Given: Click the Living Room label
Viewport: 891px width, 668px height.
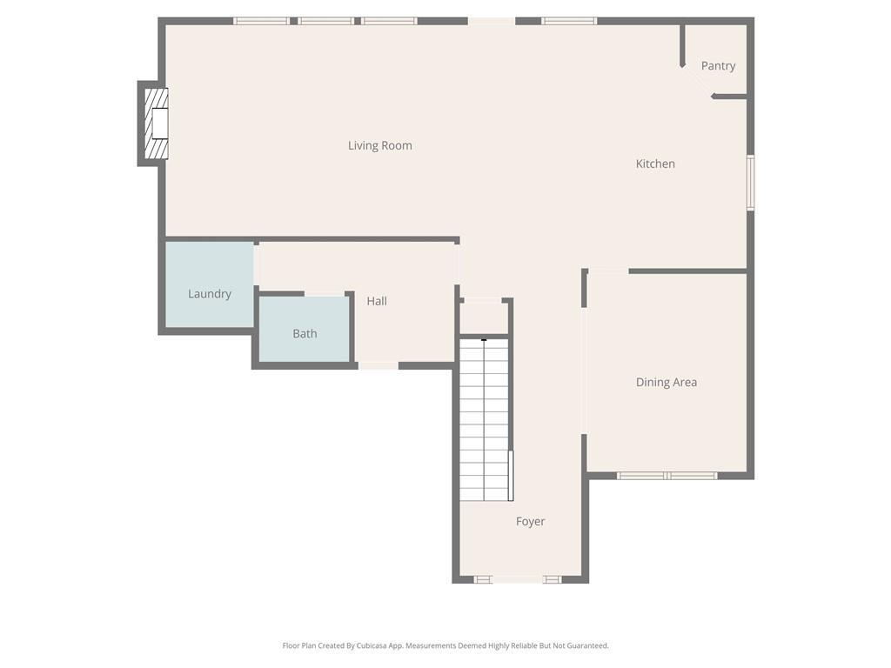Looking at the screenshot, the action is coord(379,145).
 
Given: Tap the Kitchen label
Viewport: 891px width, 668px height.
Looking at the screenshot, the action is coord(655,164).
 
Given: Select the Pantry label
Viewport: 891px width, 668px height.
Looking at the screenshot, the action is coord(718,66).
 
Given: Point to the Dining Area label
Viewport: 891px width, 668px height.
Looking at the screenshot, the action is coord(666,383).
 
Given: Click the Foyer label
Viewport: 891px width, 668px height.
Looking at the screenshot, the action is coord(530,522).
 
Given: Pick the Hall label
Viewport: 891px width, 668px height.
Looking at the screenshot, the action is coord(377,301).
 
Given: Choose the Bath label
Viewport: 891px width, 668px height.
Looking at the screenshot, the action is coord(305,333).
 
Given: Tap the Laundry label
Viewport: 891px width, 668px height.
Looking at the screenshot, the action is coord(210,294).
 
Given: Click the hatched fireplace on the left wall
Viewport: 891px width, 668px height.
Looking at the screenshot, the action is coord(157,124).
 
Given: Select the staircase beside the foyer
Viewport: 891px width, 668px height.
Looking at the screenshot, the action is coord(484,420).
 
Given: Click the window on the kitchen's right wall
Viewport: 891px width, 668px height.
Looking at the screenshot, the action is coord(750,183).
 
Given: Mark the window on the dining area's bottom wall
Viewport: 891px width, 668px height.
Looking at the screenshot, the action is coord(667,476).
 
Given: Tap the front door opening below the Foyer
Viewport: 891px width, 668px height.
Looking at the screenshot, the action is coord(518,579).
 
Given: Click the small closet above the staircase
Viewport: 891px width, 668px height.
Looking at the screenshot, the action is coord(484,317).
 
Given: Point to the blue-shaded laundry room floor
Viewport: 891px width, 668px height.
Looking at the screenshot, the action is coord(210,284).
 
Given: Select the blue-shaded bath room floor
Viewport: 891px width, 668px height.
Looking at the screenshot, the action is coord(305,329).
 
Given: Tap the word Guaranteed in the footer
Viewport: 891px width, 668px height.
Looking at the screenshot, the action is coord(589,645).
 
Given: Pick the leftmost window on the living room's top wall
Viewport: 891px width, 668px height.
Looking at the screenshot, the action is coord(261,21).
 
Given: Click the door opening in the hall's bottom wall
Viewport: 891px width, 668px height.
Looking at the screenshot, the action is coord(378,366).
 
